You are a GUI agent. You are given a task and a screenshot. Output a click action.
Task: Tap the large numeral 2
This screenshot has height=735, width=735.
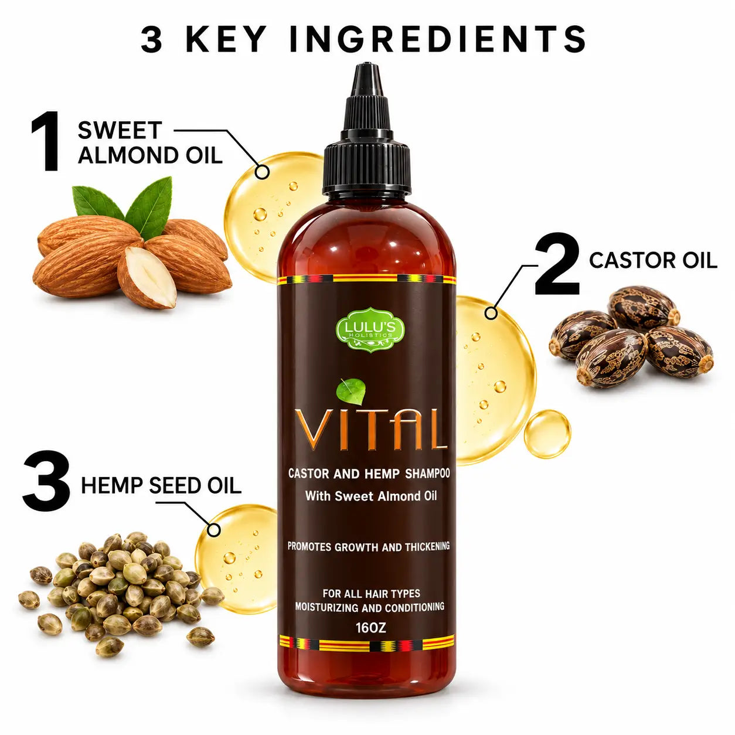click(556, 263)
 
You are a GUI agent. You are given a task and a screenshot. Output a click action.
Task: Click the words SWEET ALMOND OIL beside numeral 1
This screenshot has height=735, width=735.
click(150, 142)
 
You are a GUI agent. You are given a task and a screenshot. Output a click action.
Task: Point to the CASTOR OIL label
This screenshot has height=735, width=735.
click(653, 260)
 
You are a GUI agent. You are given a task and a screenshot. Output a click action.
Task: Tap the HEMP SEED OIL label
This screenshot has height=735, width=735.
click(161, 485)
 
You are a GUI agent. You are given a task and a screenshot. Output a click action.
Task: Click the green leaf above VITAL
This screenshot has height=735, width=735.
click(350, 392)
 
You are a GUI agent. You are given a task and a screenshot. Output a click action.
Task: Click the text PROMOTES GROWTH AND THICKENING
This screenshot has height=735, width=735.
click(369, 547)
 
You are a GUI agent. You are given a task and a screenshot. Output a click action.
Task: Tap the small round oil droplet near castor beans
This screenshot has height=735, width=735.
click(547, 434)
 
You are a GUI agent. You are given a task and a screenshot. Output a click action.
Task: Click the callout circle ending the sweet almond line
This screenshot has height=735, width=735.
click(261, 171)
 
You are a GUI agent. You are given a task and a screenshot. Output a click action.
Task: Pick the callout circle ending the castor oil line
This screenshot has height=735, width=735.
click(491, 313)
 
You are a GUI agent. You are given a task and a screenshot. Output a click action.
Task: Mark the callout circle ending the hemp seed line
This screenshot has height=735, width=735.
click(213, 530)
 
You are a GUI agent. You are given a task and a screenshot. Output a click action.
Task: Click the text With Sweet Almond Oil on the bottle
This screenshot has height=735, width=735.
click(371, 496)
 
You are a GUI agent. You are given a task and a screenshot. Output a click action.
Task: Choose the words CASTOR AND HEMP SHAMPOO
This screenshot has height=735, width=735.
click(369, 474)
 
